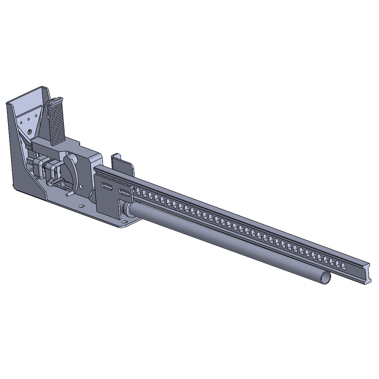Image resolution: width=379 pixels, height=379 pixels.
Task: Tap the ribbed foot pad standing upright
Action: (x=57, y=121)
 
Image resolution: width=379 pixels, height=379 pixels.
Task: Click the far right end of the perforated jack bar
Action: (x=368, y=274)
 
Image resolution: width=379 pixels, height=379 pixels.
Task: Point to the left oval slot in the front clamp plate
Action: (x=108, y=187)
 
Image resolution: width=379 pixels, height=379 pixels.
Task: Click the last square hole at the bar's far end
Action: (x=344, y=266)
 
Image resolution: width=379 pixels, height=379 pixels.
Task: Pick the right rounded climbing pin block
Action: (x=52, y=169)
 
